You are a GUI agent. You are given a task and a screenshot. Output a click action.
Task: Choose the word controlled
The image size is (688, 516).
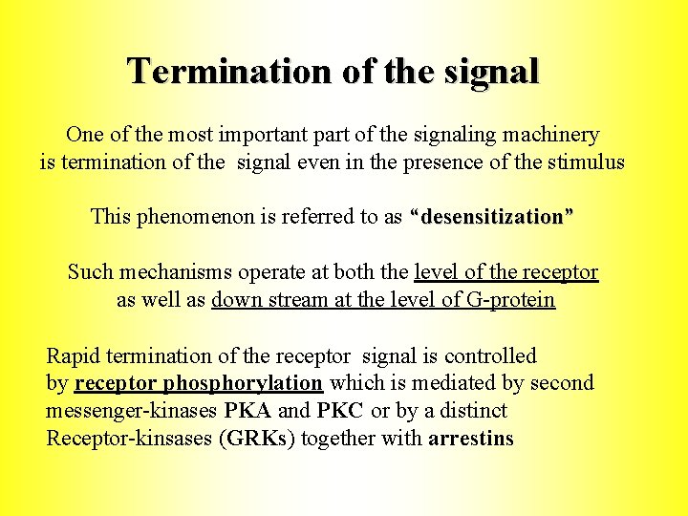coord(490,356)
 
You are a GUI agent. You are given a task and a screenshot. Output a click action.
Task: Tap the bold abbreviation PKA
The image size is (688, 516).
coord(248,411)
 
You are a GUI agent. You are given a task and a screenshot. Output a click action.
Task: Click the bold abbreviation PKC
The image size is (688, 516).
coord(341,411)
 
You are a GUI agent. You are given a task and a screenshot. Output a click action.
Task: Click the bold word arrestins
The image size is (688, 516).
coord(471,440)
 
